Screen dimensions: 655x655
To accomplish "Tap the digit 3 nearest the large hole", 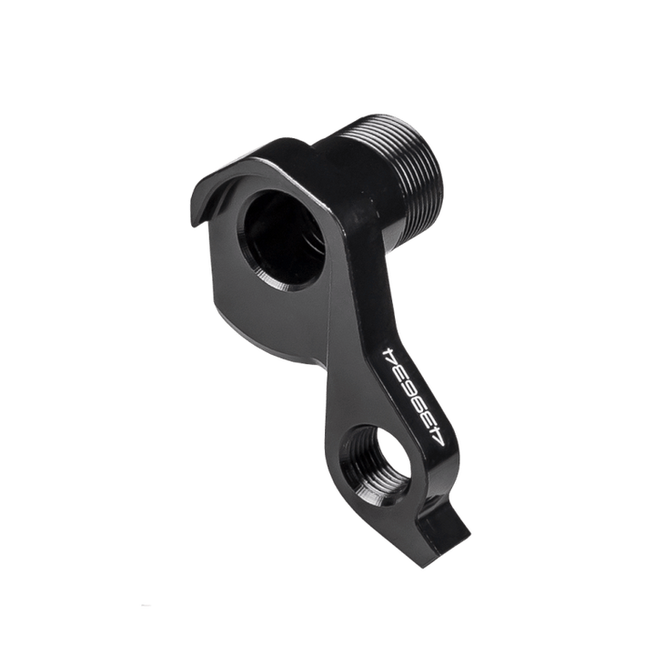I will [396, 368].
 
